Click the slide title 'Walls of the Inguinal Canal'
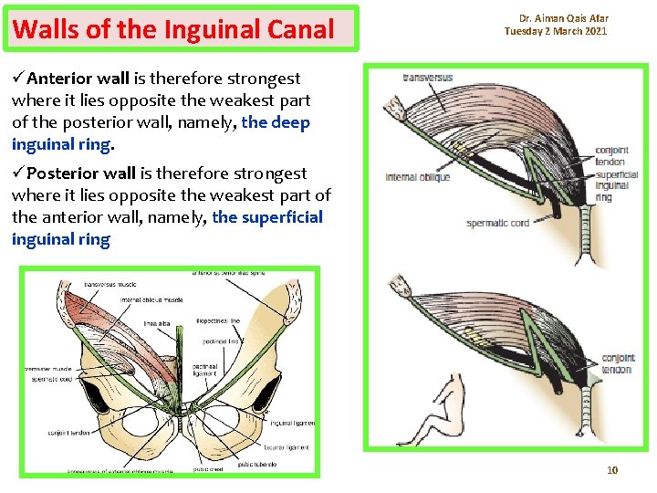(x=174, y=29)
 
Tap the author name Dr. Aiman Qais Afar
(x=563, y=18)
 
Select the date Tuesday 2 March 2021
(x=556, y=32)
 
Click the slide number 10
(x=612, y=470)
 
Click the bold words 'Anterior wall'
(x=74, y=79)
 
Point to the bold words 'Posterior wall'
(x=80, y=173)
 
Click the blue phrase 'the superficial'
(x=267, y=217)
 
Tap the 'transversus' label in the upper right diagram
(x=428, y=78)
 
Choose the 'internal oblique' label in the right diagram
(x=418, y=177)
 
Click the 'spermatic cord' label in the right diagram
(x=498, y=223)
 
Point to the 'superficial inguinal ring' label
(x=617, y=186)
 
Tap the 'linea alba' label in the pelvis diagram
(x=158, y=322)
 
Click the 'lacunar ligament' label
(x=287, y=447)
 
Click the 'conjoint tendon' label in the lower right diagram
(x=618, y=363)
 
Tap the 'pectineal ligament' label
(x=205, y=368)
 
